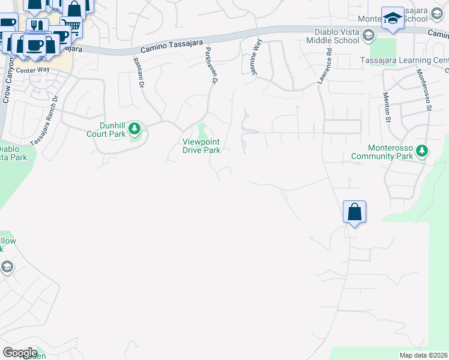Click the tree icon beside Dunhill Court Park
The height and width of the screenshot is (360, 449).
pos(135,128)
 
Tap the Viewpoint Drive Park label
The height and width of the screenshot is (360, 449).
pos(201,146)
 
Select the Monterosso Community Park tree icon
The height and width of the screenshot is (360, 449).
pos(422,150)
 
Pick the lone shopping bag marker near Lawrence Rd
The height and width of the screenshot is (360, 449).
pos(354,212)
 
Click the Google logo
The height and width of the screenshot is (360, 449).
pos(19,352)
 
